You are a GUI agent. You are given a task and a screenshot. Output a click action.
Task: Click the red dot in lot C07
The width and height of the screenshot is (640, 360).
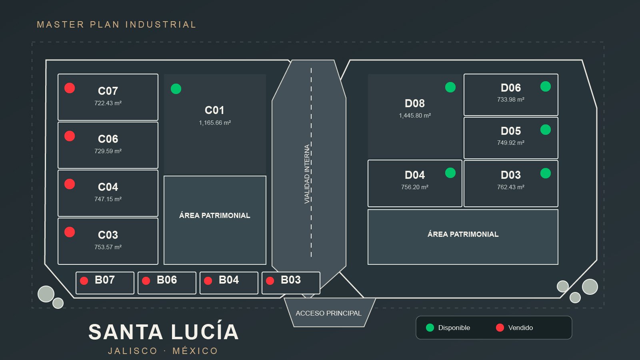70,88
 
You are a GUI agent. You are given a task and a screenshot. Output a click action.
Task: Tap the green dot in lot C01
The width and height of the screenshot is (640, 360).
176,88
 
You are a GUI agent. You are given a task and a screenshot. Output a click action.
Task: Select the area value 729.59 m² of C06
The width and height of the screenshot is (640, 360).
108,151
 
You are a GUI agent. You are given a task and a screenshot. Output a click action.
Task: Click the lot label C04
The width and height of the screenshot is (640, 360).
108,187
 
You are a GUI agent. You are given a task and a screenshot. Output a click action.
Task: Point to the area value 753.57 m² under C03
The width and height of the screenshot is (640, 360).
108,247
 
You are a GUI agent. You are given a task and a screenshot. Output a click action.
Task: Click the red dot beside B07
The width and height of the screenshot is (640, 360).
84,280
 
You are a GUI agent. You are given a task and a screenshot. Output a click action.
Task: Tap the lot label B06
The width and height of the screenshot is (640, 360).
167,280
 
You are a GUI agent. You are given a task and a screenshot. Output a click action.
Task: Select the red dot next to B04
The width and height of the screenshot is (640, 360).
208,280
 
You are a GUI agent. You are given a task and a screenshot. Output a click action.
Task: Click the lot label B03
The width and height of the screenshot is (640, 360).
291,280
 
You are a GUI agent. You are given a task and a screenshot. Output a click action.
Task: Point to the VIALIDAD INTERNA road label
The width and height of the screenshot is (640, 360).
307,174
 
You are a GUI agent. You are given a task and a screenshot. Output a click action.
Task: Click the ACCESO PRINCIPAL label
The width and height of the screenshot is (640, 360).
328,313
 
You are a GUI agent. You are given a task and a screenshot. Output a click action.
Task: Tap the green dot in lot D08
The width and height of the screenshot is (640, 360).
450,87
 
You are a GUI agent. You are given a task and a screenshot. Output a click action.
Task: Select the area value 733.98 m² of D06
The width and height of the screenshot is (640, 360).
511,100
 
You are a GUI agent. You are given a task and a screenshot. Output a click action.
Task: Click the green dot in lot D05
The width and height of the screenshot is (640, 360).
546,130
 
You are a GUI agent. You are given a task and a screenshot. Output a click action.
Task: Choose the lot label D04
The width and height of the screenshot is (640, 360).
415,175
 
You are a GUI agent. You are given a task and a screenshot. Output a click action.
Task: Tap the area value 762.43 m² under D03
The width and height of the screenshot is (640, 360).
511,187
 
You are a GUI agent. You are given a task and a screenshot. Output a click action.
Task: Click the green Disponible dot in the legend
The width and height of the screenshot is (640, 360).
430,328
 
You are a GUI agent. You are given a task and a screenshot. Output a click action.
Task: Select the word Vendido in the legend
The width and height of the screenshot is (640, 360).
520,328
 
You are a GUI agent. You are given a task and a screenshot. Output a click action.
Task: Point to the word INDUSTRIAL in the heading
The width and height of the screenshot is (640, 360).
161,24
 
